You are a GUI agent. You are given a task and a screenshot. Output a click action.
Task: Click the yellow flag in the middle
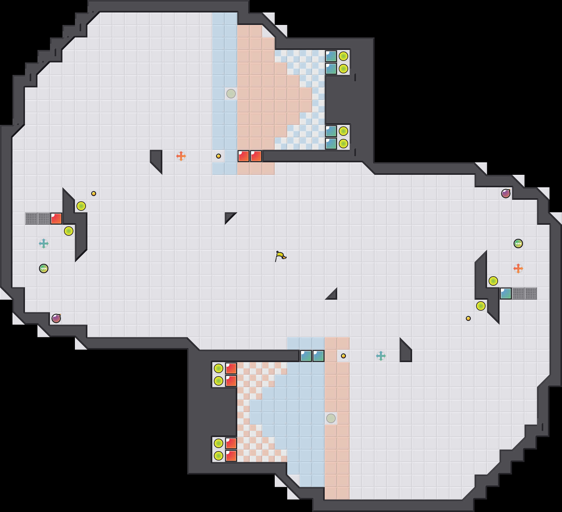click(280, 256)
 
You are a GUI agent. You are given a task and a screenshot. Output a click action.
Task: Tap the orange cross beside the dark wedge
click(181, 156)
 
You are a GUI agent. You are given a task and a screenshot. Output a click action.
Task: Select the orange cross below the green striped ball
click(518, 268)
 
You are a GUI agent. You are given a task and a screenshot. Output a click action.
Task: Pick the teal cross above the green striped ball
click(44, 243)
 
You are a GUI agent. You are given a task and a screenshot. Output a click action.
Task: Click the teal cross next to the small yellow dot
click(381, 356)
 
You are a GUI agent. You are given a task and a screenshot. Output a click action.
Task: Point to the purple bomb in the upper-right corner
click(506, 194)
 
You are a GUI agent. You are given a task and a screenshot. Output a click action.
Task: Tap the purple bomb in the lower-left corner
click(56, 318)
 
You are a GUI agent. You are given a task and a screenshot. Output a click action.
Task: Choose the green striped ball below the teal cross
click(44, 268)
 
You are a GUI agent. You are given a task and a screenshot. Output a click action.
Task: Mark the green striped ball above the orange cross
click(518, 244)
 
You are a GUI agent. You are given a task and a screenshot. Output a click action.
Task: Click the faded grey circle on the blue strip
click(231, 93)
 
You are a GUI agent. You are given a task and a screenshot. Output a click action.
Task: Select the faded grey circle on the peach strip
click(331, 418)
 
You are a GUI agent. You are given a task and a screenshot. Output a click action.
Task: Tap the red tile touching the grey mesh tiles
click(56, 219)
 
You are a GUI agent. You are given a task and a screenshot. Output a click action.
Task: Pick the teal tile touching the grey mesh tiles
click(506, 293)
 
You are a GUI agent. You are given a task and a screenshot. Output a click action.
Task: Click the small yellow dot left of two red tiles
click(219, 156)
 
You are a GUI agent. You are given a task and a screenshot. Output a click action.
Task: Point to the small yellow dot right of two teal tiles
click(343, 356)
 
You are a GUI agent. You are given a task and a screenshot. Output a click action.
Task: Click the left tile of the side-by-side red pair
click(244, 156)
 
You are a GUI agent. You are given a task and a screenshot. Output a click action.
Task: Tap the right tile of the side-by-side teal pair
click(318, 356)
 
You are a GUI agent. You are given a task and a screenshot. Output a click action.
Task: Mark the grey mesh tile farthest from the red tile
click(31, 219)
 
